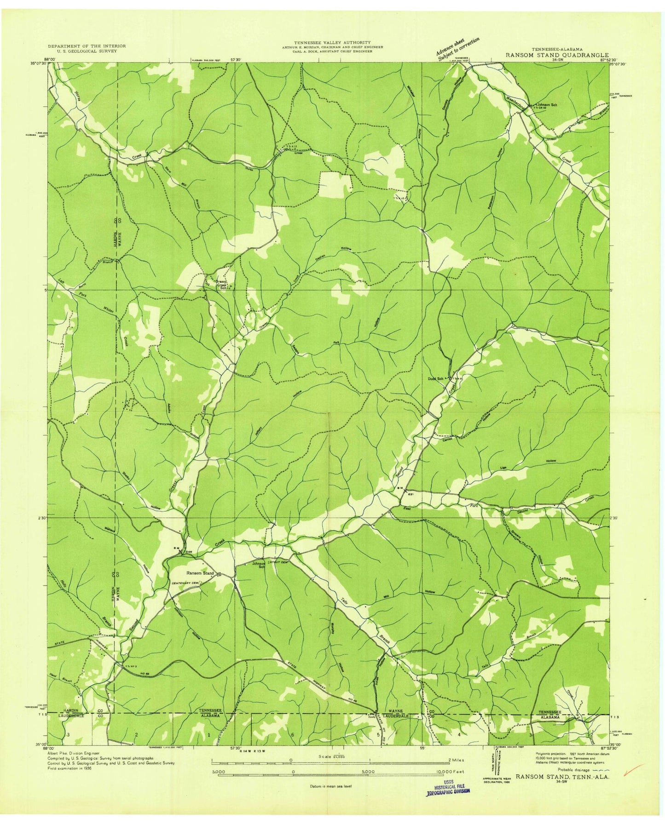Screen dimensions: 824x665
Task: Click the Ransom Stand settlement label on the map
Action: (x=200, y=573)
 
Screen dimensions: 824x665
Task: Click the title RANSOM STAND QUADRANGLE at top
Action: (x=557, y=55)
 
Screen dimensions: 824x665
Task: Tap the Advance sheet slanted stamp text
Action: (x=457, y=47)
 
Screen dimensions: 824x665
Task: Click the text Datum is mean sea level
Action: (x=330, y=786)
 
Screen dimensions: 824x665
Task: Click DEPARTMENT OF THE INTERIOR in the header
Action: (x=87, y=46)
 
